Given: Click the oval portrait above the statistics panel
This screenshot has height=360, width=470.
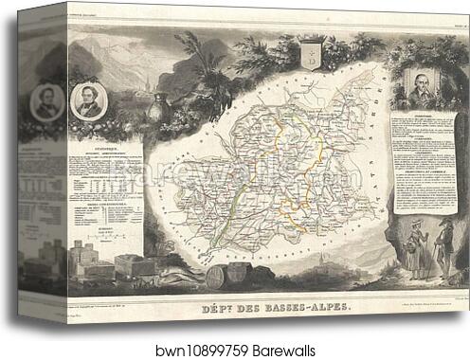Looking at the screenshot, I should tap(88, 98).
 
